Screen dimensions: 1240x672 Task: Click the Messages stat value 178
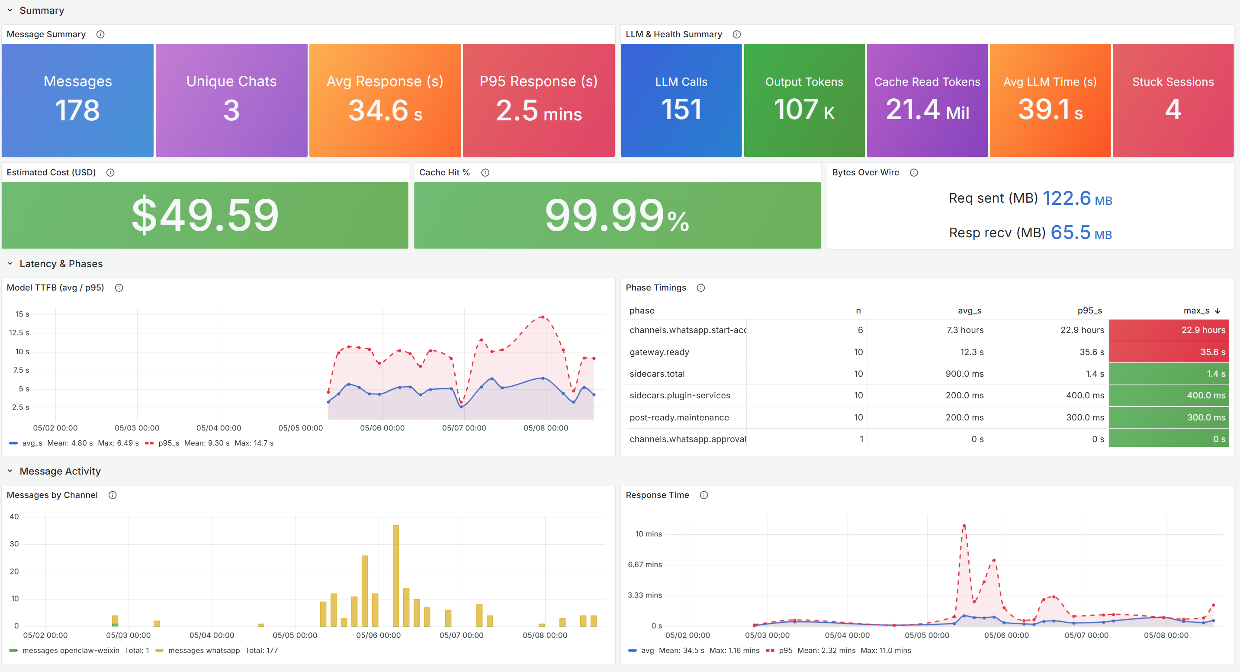(x=77, y=110)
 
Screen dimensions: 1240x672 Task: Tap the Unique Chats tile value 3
(x=231, y=110)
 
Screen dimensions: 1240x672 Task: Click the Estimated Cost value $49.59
(x=205, y=215)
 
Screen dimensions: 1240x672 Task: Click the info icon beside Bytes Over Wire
(x=914, y=172)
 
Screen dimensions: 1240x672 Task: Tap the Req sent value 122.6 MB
(x=1077, y=198)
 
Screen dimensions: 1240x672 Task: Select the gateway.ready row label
(x=659, y=352)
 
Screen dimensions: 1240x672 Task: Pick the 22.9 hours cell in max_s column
(x=1203, y=330)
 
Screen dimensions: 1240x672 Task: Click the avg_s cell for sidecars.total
(x=964, y=374)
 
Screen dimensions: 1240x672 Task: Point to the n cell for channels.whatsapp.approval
(x=861, y=439)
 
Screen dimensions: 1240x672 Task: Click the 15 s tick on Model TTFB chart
(x=22, y=314)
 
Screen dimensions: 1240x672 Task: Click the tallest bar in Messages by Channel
(x=396, y=575)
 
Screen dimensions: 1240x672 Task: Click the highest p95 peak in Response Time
(x=964, y=526)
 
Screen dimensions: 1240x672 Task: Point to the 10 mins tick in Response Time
(x=649, y=534)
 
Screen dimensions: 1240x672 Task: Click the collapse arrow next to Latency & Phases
(x=10, y=264)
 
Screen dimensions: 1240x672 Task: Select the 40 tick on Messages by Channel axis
(x=14, y=517)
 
